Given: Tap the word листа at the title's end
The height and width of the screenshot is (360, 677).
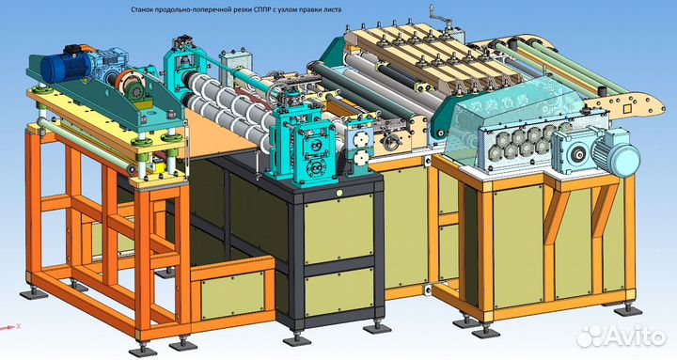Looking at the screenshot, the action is (x=333, y=9).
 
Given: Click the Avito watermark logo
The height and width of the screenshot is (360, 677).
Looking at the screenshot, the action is (x=622, y=336).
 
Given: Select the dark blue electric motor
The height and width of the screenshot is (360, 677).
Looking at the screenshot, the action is (x=66, y=67).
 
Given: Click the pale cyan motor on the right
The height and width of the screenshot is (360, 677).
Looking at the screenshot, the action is (x=615, y=153).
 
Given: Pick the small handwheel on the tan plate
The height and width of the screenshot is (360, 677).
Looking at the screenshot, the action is (x=391, y=140).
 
